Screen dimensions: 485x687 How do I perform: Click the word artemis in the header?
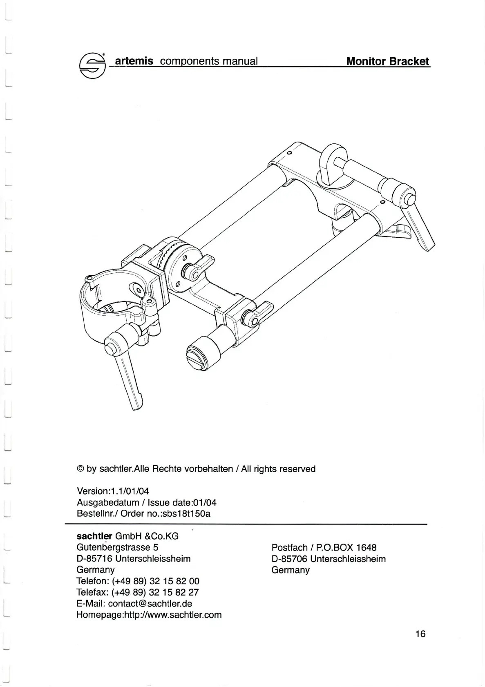tap(134, 61)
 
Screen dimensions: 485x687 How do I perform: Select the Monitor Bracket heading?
tap(387, 61)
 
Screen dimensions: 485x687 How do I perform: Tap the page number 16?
tap(420, 633)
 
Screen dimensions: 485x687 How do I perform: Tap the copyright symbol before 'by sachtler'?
tap(80, 469)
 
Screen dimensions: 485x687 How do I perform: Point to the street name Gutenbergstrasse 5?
tap(117, 547)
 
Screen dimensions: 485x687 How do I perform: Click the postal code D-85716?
tap(94, 558)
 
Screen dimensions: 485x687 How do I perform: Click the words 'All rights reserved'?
tap(278, 469)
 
